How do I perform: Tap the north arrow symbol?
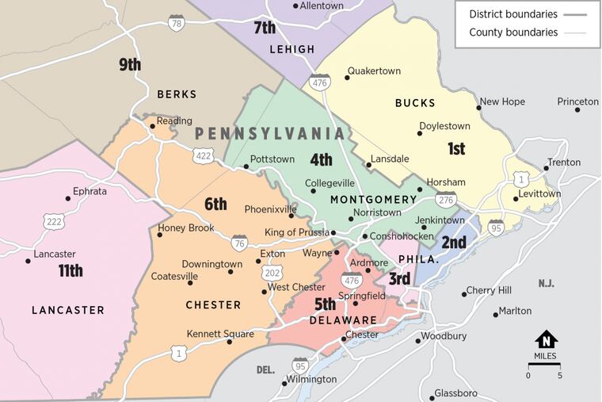pyautogui.click(x=546, y=339)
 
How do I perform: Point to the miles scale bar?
pyautogui.click(x=544, y=364)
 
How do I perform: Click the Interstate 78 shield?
pyautogui.click(x=177, y=23)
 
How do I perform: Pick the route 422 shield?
pyautogui.click(x=203, y=156)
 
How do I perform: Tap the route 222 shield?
pyautogui.click(x=54, y=222)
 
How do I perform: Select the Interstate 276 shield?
pyautogui.click(x=446, y=199)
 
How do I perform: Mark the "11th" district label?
pyautogui.click(x=70, y=271)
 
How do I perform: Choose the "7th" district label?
pyautogui.click(x=265, y=29)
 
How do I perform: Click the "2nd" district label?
pyautogui.click(x=454, y=243)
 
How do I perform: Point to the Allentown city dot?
pyautogui.click(x=296, y=6)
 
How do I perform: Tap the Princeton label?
pyautogui.click(x=577, y=101)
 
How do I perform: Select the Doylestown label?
pyautogui.click(x=444, y=126)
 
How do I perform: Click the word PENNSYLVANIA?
pyautogui.click(x=270, y=134)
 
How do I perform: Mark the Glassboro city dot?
pyautogui.click(x=434, y=393)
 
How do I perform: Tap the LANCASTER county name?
pyautogui.click(x=68, y=310)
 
